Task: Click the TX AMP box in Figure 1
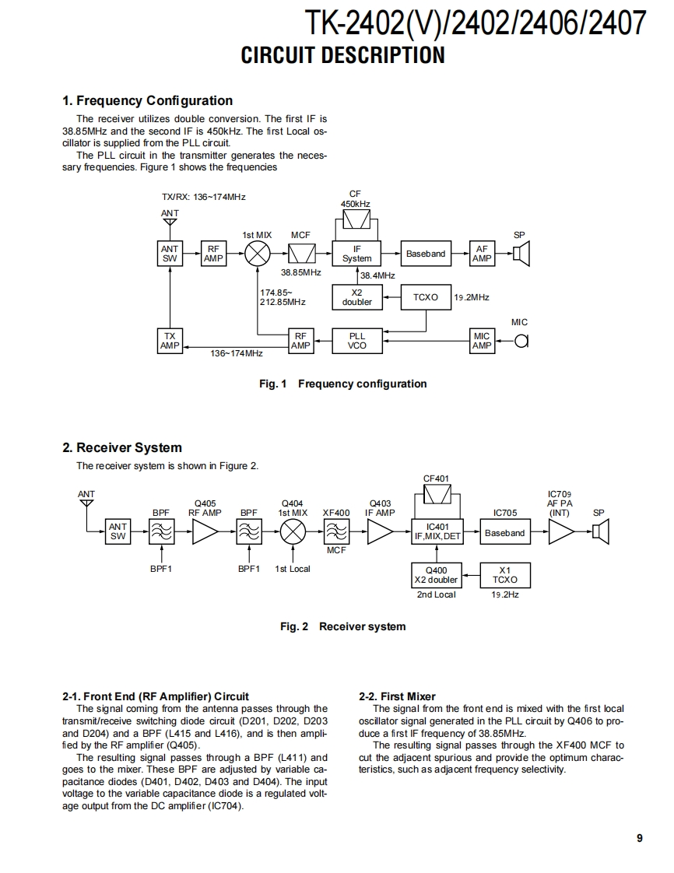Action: (170, 341)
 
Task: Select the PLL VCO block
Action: (357, 341)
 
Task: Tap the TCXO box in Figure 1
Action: (426, 297)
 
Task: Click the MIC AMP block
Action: (482, 341)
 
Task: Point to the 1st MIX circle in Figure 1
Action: (258, 254)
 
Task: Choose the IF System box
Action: (357, 254)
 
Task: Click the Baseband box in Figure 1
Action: (426, 254)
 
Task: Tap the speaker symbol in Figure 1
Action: (521, 254)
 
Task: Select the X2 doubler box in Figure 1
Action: (357, 297)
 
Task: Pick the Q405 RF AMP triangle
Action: (205, 533)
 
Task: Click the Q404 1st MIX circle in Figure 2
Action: (293, 533)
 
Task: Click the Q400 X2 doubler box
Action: (436, 575)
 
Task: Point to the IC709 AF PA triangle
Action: (560, 533)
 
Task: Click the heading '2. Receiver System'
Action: (122, 447)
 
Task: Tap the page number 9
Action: (639, 838)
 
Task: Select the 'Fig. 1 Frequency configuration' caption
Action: (342, 384)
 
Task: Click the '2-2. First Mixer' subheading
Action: (397, 696)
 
